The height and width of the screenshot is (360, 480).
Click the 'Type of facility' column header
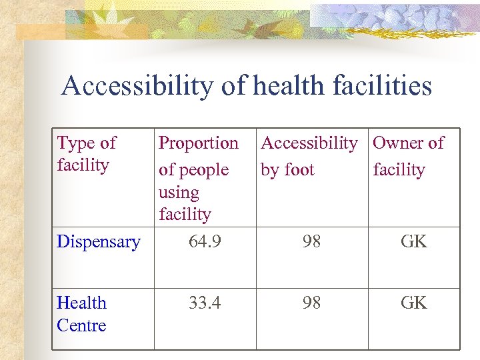click(86, 153)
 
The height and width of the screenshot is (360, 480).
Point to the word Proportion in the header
click(198, 143)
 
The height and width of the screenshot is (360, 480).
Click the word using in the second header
click(179, 193)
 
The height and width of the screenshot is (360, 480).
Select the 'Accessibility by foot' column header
click(309, 156)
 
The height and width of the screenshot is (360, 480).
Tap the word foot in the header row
click(299, 170)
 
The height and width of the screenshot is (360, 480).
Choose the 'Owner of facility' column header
click(408, 156)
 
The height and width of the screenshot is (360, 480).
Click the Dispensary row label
click(99, 241)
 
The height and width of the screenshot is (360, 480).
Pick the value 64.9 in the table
click(205, 241)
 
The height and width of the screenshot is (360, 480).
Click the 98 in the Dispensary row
click(311, 241)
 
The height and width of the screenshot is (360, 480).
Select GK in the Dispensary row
click(413, 241)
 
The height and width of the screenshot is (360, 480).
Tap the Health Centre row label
click(81, 314)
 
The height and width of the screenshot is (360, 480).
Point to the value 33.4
click(205, 303)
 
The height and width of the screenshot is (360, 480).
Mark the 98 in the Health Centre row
click(311, 303)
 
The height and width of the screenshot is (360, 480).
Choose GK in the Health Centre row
click(413, 303)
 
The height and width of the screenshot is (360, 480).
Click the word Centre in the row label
click(81, 325)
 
